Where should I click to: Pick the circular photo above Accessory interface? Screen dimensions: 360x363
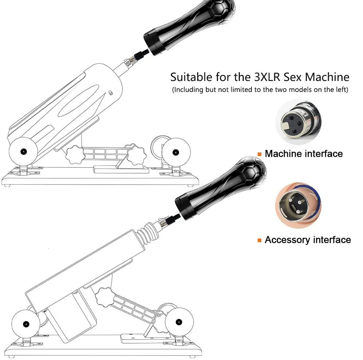tap(298, 205)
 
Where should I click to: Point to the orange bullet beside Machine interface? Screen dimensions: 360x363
tap(259, 154)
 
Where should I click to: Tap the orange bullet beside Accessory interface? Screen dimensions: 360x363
tap(259, 240)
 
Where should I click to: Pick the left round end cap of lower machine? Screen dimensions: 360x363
tap(26, 323)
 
